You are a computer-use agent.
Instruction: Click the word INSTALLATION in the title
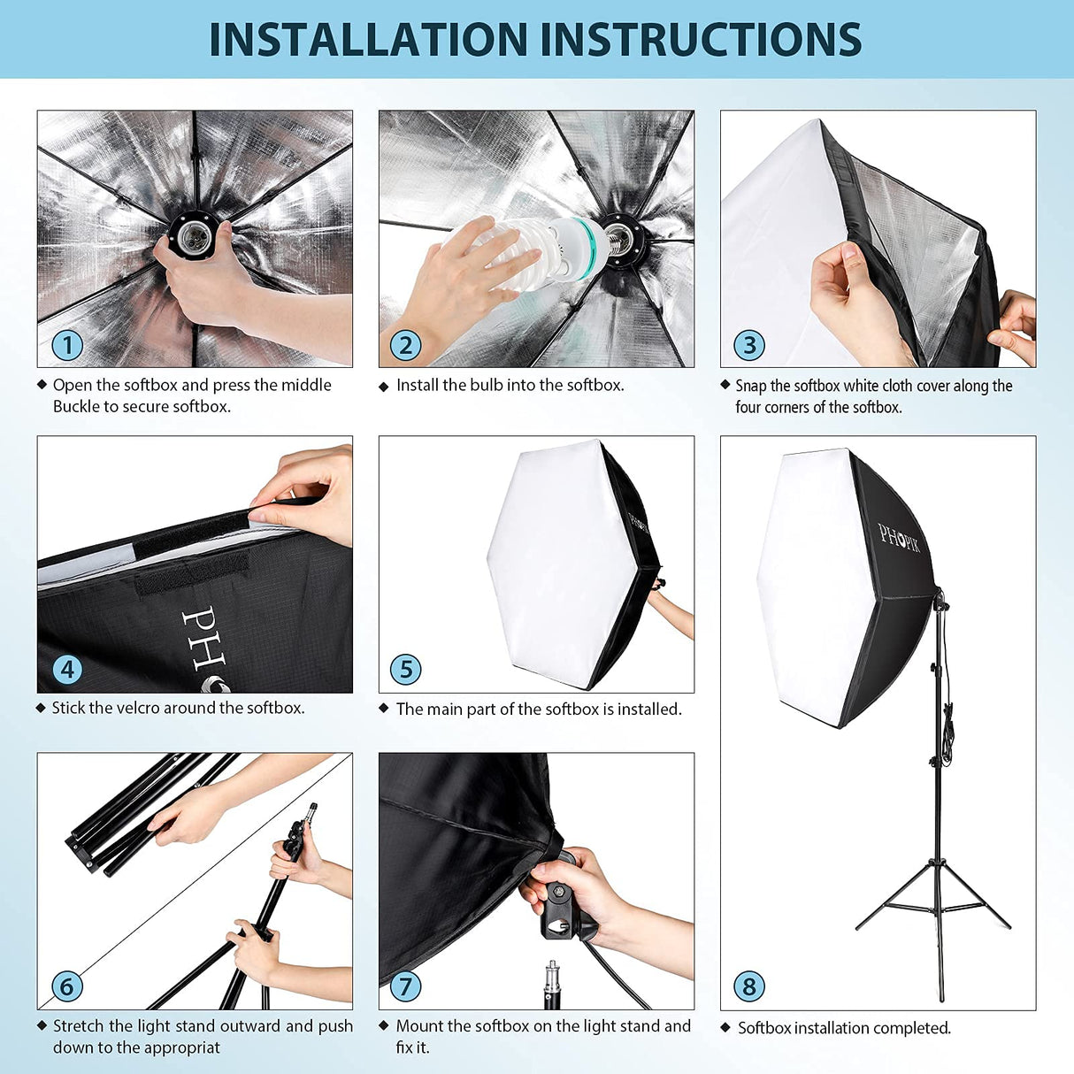pos(368,40)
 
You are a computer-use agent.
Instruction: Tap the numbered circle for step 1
pos(67,345)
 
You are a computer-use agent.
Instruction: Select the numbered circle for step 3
pos(749,345)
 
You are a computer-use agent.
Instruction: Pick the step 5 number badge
pos(406,670)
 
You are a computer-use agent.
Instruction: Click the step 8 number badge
pos(749,986)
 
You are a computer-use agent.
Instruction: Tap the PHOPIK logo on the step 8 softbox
pos(899,538)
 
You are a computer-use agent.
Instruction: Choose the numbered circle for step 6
pos(67,986)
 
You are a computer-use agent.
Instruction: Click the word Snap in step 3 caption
pos(751,386)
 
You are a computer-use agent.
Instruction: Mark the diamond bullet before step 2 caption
pos(383,387)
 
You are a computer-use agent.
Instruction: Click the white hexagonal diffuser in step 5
pos(549,562)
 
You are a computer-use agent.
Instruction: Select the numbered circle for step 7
pos(406,986)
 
